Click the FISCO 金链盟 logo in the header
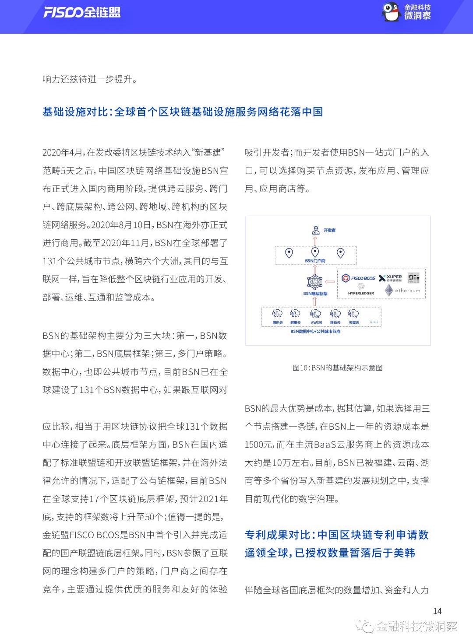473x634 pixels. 81,12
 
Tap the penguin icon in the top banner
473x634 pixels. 391,12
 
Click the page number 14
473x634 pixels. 437,611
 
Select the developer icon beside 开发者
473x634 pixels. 316,230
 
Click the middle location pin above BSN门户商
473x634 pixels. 315,252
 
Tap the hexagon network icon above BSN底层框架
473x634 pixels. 315,281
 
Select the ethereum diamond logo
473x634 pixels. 389,290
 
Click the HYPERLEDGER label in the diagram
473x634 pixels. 361,293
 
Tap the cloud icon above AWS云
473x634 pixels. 315,314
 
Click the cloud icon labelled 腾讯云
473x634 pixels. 278,314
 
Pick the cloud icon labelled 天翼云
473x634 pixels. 353,314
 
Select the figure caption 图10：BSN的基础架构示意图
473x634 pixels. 338,368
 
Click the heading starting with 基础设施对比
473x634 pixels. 183,112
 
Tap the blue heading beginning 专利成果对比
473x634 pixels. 336,544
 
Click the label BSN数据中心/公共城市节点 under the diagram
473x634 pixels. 315,332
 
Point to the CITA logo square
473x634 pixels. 414,277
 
